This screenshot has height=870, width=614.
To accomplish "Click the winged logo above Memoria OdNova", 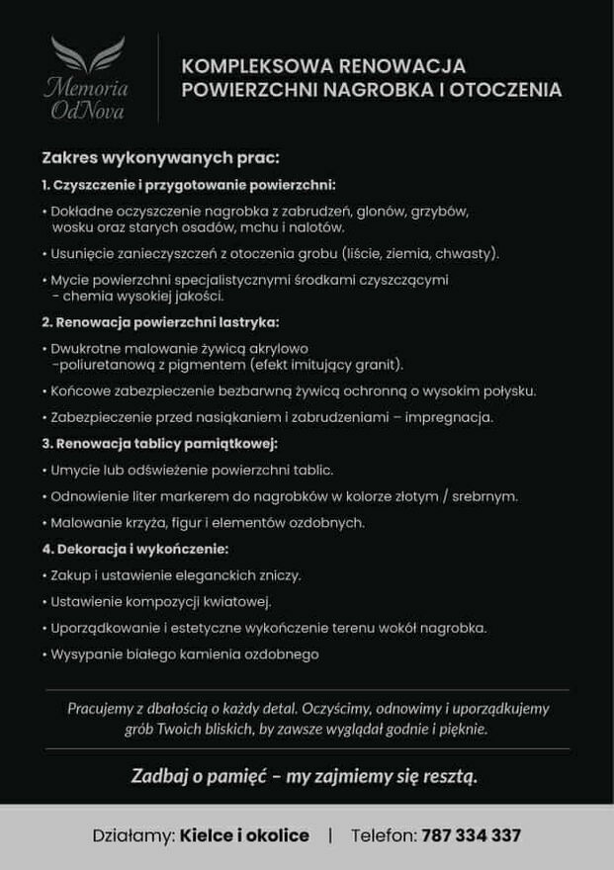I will pos(87,55).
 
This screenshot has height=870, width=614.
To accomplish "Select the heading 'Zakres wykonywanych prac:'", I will pos(160,157).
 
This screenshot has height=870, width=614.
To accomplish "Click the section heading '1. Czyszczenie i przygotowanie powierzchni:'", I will pos(189,185).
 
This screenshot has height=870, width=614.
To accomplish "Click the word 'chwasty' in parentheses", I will pos(462,253).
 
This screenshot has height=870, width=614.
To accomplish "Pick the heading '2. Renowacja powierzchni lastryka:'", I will pos(160,322).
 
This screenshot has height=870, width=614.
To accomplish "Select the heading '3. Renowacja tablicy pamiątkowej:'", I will pos(159,443).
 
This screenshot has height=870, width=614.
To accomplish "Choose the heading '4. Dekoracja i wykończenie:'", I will pos(135,549).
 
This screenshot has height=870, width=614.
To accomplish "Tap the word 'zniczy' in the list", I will pos(280,574).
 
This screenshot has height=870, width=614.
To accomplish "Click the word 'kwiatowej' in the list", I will pos(236,601).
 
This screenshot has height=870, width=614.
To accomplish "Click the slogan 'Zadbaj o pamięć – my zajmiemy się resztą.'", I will pos(305,776).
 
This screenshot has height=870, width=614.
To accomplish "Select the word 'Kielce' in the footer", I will pos(206,835).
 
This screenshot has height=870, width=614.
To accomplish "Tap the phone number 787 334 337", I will pos(471,835).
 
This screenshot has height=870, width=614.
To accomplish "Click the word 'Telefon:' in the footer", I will pos(383,835).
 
